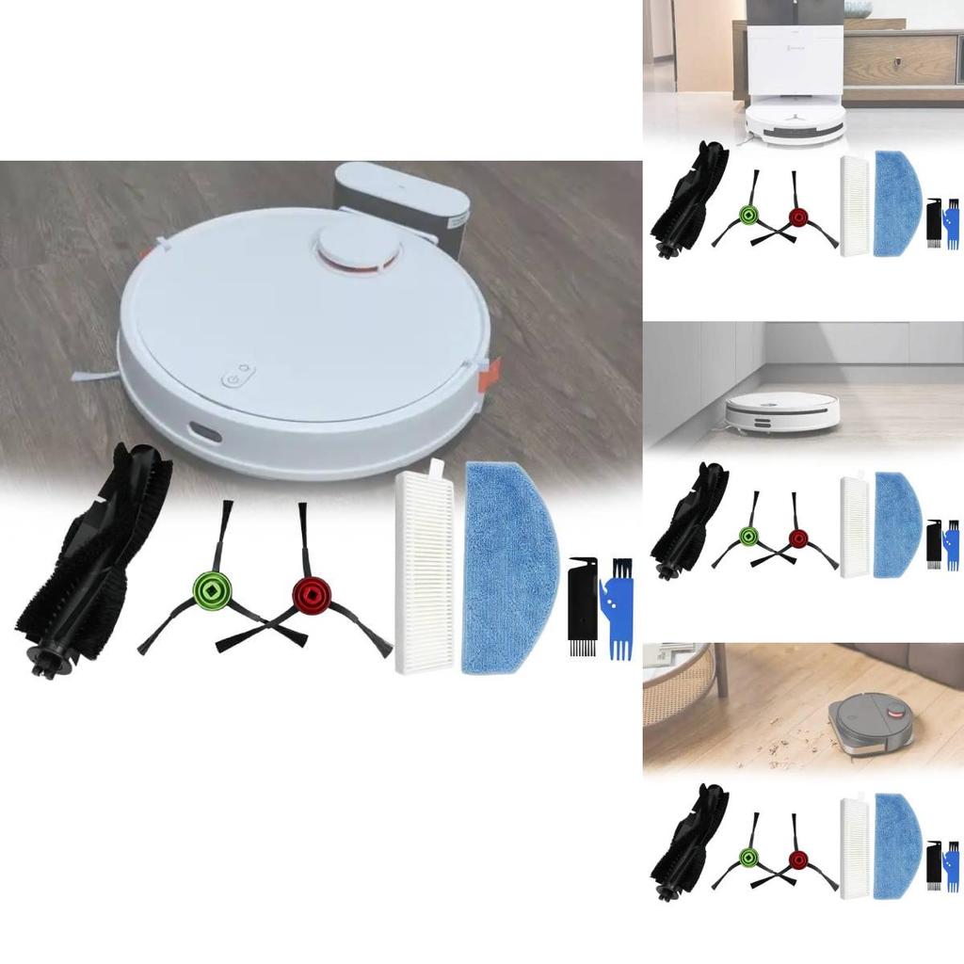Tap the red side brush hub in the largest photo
tap(308, 595)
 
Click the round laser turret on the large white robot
tap(357, 249)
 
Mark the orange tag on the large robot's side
tap(488, 374)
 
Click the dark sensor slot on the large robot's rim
tap(203, 432)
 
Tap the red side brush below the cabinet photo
tap(798, 538)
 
